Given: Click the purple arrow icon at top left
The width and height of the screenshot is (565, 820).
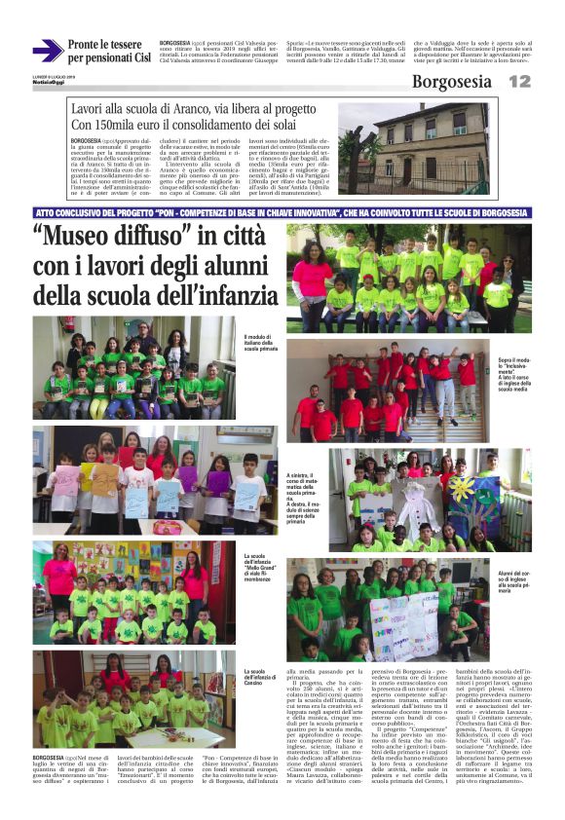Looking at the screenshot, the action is [47, 51].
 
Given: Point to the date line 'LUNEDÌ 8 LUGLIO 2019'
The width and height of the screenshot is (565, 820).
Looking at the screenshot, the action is [53, 76].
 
